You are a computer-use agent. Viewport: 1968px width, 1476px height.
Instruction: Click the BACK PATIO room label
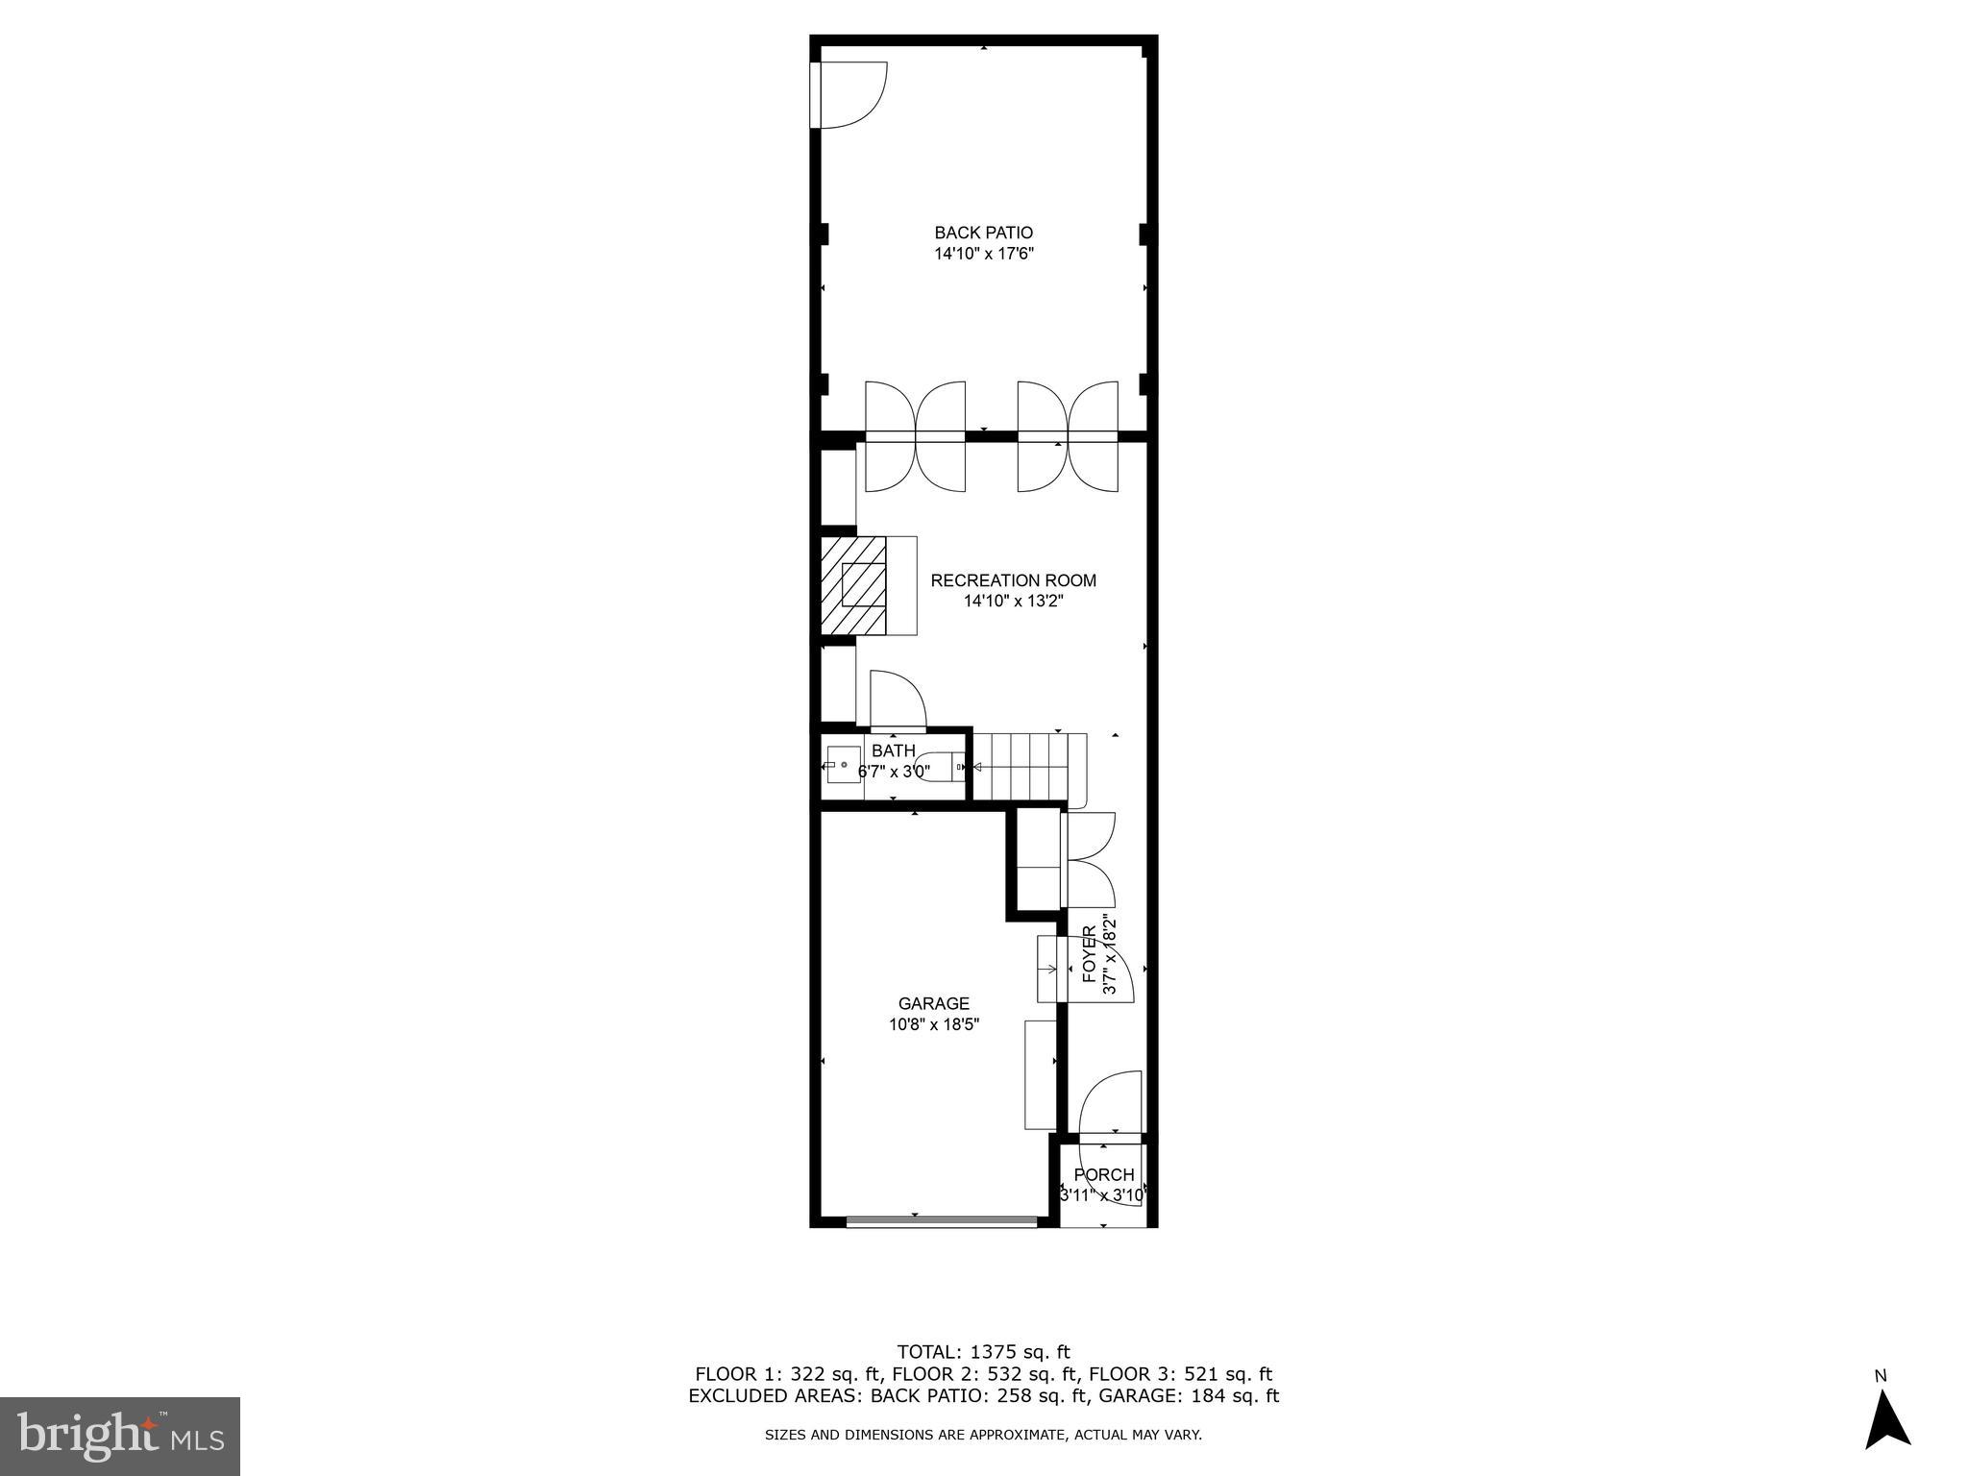(983, 233)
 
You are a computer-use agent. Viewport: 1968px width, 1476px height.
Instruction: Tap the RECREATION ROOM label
(1013, 580)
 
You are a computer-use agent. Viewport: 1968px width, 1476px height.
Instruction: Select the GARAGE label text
(933, 1004)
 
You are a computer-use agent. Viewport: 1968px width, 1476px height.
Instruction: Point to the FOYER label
(1089, 954)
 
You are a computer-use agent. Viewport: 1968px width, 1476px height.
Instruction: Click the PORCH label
(1103, 1175)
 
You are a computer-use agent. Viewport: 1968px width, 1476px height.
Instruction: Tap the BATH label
(893, 751)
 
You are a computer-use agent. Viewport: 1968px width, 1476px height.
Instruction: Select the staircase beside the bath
(1028, 767)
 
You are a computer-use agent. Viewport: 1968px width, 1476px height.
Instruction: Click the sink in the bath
(843, 766)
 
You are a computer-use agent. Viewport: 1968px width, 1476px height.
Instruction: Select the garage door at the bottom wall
(942, 1222)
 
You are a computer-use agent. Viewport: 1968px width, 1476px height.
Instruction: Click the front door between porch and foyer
(1110, 1105)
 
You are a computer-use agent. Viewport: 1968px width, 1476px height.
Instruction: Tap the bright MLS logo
(120, 1437)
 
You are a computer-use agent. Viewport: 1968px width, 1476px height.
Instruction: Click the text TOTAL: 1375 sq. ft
(983, 1352)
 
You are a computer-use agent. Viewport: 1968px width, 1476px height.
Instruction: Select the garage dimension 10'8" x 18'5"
(933, 1025)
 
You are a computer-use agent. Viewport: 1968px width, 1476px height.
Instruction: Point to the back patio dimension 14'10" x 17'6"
(983, 255)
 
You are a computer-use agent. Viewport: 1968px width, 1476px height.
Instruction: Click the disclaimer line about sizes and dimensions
(983, 1435)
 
